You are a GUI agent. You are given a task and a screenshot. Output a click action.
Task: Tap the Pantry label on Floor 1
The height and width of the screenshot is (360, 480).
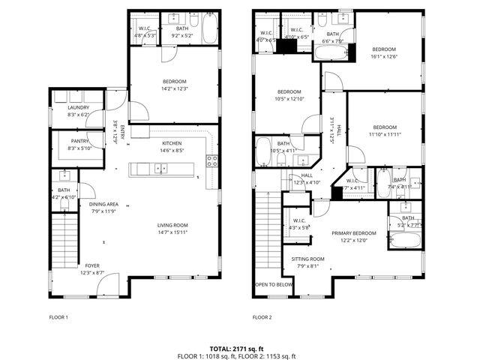78,140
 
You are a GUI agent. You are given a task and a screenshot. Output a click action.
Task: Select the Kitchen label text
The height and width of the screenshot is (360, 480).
172,142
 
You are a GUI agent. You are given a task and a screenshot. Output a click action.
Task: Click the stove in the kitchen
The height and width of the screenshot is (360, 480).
212,159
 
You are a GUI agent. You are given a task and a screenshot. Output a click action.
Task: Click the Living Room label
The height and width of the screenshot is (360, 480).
172,225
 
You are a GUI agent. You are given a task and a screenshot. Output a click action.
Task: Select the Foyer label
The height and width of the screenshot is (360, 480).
91,265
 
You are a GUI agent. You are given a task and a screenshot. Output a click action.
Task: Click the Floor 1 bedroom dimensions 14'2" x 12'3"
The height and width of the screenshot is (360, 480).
174,89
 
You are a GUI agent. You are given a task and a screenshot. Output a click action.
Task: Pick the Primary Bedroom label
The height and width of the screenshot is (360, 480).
355,233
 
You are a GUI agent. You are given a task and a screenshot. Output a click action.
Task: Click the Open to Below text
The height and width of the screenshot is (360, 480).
274,285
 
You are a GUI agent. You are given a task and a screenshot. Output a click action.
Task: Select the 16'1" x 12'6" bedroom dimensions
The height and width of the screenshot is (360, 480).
384,56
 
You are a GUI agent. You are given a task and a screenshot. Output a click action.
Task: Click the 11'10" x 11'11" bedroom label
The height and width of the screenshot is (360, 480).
384,127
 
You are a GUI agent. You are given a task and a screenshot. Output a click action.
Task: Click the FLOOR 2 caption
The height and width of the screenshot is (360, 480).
262,317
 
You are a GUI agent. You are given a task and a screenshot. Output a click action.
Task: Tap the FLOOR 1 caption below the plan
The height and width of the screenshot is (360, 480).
58,317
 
